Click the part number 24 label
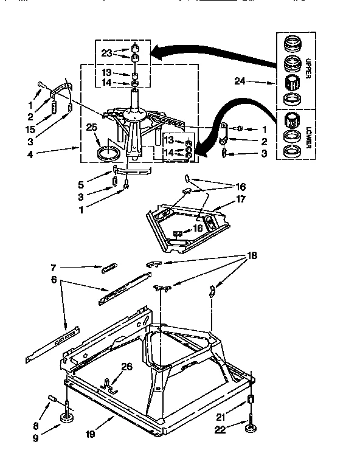point(240,80)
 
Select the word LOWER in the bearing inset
point(307,138)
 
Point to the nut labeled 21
point(250,400)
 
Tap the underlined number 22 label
point(220,430)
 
